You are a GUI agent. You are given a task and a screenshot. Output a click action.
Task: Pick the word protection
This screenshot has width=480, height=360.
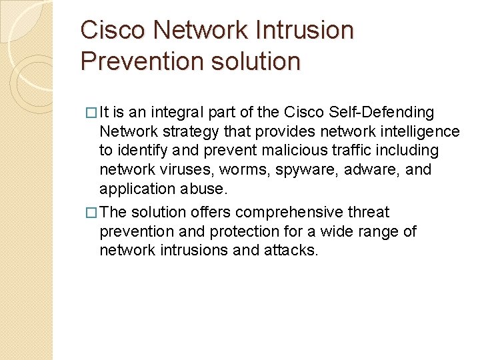point(227,231)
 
